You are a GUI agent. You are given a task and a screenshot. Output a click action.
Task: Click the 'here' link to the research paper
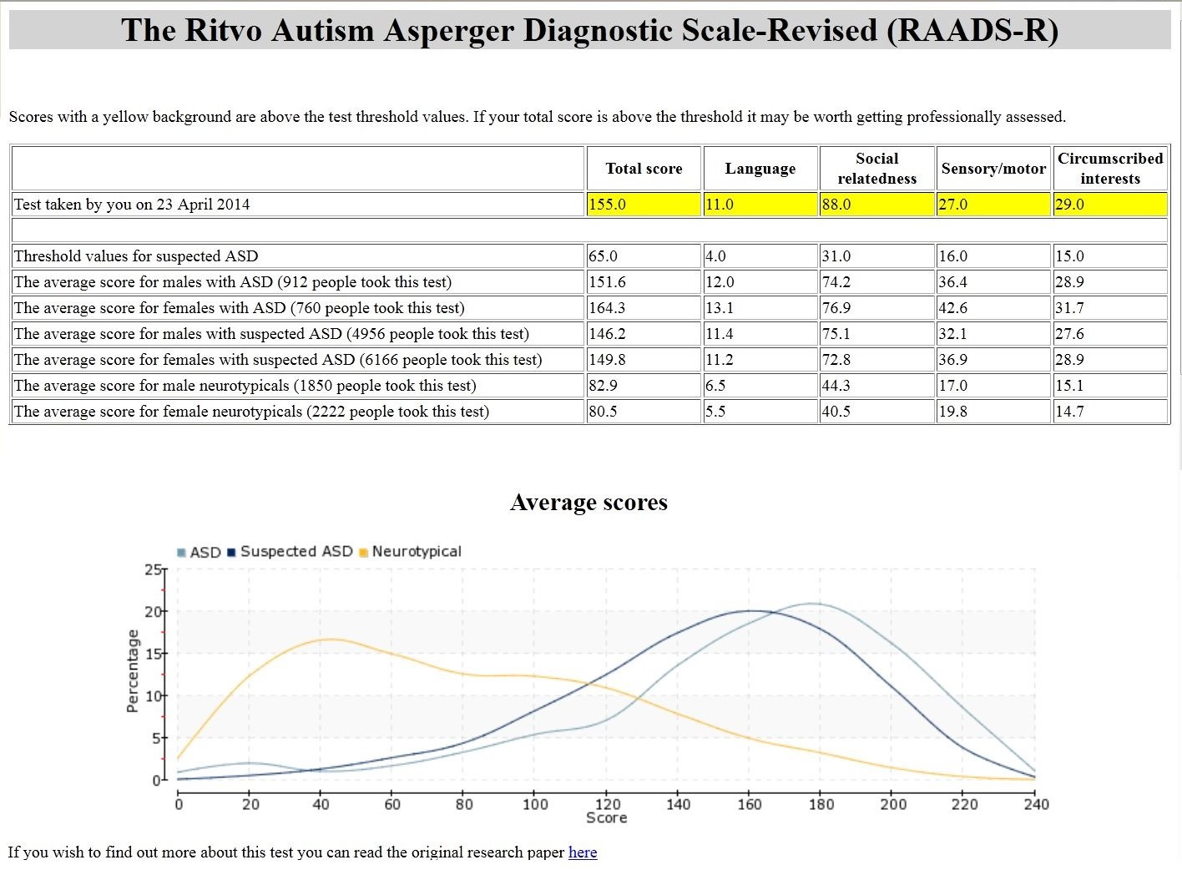click(x=583, y=852)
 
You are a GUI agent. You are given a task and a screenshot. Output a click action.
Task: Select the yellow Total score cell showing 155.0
click(x=644, y=205)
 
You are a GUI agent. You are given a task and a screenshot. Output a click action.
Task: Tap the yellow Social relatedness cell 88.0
click(x=876, y=205)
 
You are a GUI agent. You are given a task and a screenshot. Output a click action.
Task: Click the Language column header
click(x=760, y=169)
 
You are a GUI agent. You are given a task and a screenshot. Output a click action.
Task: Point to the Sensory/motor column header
click(x=993, y=169)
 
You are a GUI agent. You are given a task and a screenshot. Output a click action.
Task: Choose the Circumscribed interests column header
click(x=1110, y=169)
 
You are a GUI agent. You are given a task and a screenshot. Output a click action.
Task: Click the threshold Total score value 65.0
click(x=603, y=255)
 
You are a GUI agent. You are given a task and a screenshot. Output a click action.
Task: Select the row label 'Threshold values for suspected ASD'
click(x=136, y=255)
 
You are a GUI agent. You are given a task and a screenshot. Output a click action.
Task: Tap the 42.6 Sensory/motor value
click(x=952, y=307)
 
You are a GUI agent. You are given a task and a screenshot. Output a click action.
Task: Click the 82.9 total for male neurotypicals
click(x=603, y=386)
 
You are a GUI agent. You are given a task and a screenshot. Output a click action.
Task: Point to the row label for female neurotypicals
click(x=251, y=412)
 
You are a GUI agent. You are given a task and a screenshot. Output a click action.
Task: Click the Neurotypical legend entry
click(x=411, y=552)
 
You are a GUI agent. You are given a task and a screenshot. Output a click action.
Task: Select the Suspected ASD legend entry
click(x=290, y=552)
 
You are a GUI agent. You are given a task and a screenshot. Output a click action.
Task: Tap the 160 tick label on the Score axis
click(x=749, y=804)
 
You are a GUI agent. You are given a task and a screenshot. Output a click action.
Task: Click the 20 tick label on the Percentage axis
click(x=153, y=611)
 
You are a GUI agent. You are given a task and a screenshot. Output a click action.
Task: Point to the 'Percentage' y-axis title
click(x=132, y=671)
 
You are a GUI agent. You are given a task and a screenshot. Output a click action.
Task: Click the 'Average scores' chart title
click(x=588, y=502)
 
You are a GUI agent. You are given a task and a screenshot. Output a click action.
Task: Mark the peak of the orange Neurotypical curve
click(x=331, y=639)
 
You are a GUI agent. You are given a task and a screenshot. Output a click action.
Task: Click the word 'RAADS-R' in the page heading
click(x=972, y=30)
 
